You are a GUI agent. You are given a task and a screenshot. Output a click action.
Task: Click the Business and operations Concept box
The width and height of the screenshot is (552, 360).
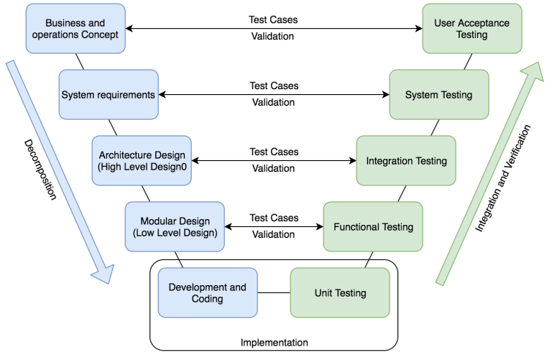click(x=75, y=29)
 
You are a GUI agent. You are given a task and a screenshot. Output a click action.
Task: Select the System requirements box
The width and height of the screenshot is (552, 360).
click(x=109, y=95)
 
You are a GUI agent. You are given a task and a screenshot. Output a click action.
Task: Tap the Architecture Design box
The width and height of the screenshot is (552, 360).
click(x=142, y=161)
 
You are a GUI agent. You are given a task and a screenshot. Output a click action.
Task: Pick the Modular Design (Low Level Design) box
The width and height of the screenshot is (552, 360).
click(x=175, y=226)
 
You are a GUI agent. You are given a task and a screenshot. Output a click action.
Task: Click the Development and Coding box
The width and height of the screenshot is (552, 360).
click(x=207, y=292)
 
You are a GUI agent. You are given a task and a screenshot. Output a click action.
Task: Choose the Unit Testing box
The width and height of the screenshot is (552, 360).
click(x=341, y=292)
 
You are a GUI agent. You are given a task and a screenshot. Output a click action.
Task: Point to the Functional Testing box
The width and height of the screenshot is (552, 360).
click(x=373, y=227)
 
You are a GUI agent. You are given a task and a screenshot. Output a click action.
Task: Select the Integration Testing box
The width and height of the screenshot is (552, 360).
click(x=406, y=161)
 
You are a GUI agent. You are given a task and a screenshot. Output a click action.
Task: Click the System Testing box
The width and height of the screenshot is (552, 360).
click(x=438, y=95)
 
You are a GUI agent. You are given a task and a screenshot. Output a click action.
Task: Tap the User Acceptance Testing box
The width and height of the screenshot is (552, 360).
click(x=471, y=29)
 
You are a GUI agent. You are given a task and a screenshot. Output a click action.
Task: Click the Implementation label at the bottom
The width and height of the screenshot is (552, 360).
click(x=274, y=343)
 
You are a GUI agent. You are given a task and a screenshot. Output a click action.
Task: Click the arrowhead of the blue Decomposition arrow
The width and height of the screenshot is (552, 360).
click(x=103, y=272)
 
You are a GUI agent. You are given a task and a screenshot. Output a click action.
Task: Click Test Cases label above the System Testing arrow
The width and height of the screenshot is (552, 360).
click(x=274, y=86)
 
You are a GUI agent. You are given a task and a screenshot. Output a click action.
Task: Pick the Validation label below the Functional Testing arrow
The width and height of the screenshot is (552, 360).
click(x=274, y=234)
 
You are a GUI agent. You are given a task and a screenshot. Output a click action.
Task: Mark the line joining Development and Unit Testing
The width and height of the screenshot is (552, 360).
click(x=273, y=292)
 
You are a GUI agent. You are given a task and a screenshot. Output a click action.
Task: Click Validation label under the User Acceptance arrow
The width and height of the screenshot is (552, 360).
click(x=274, y=37)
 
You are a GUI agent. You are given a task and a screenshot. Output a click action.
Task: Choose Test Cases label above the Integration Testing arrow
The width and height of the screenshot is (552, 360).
click(x=274, y=152)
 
